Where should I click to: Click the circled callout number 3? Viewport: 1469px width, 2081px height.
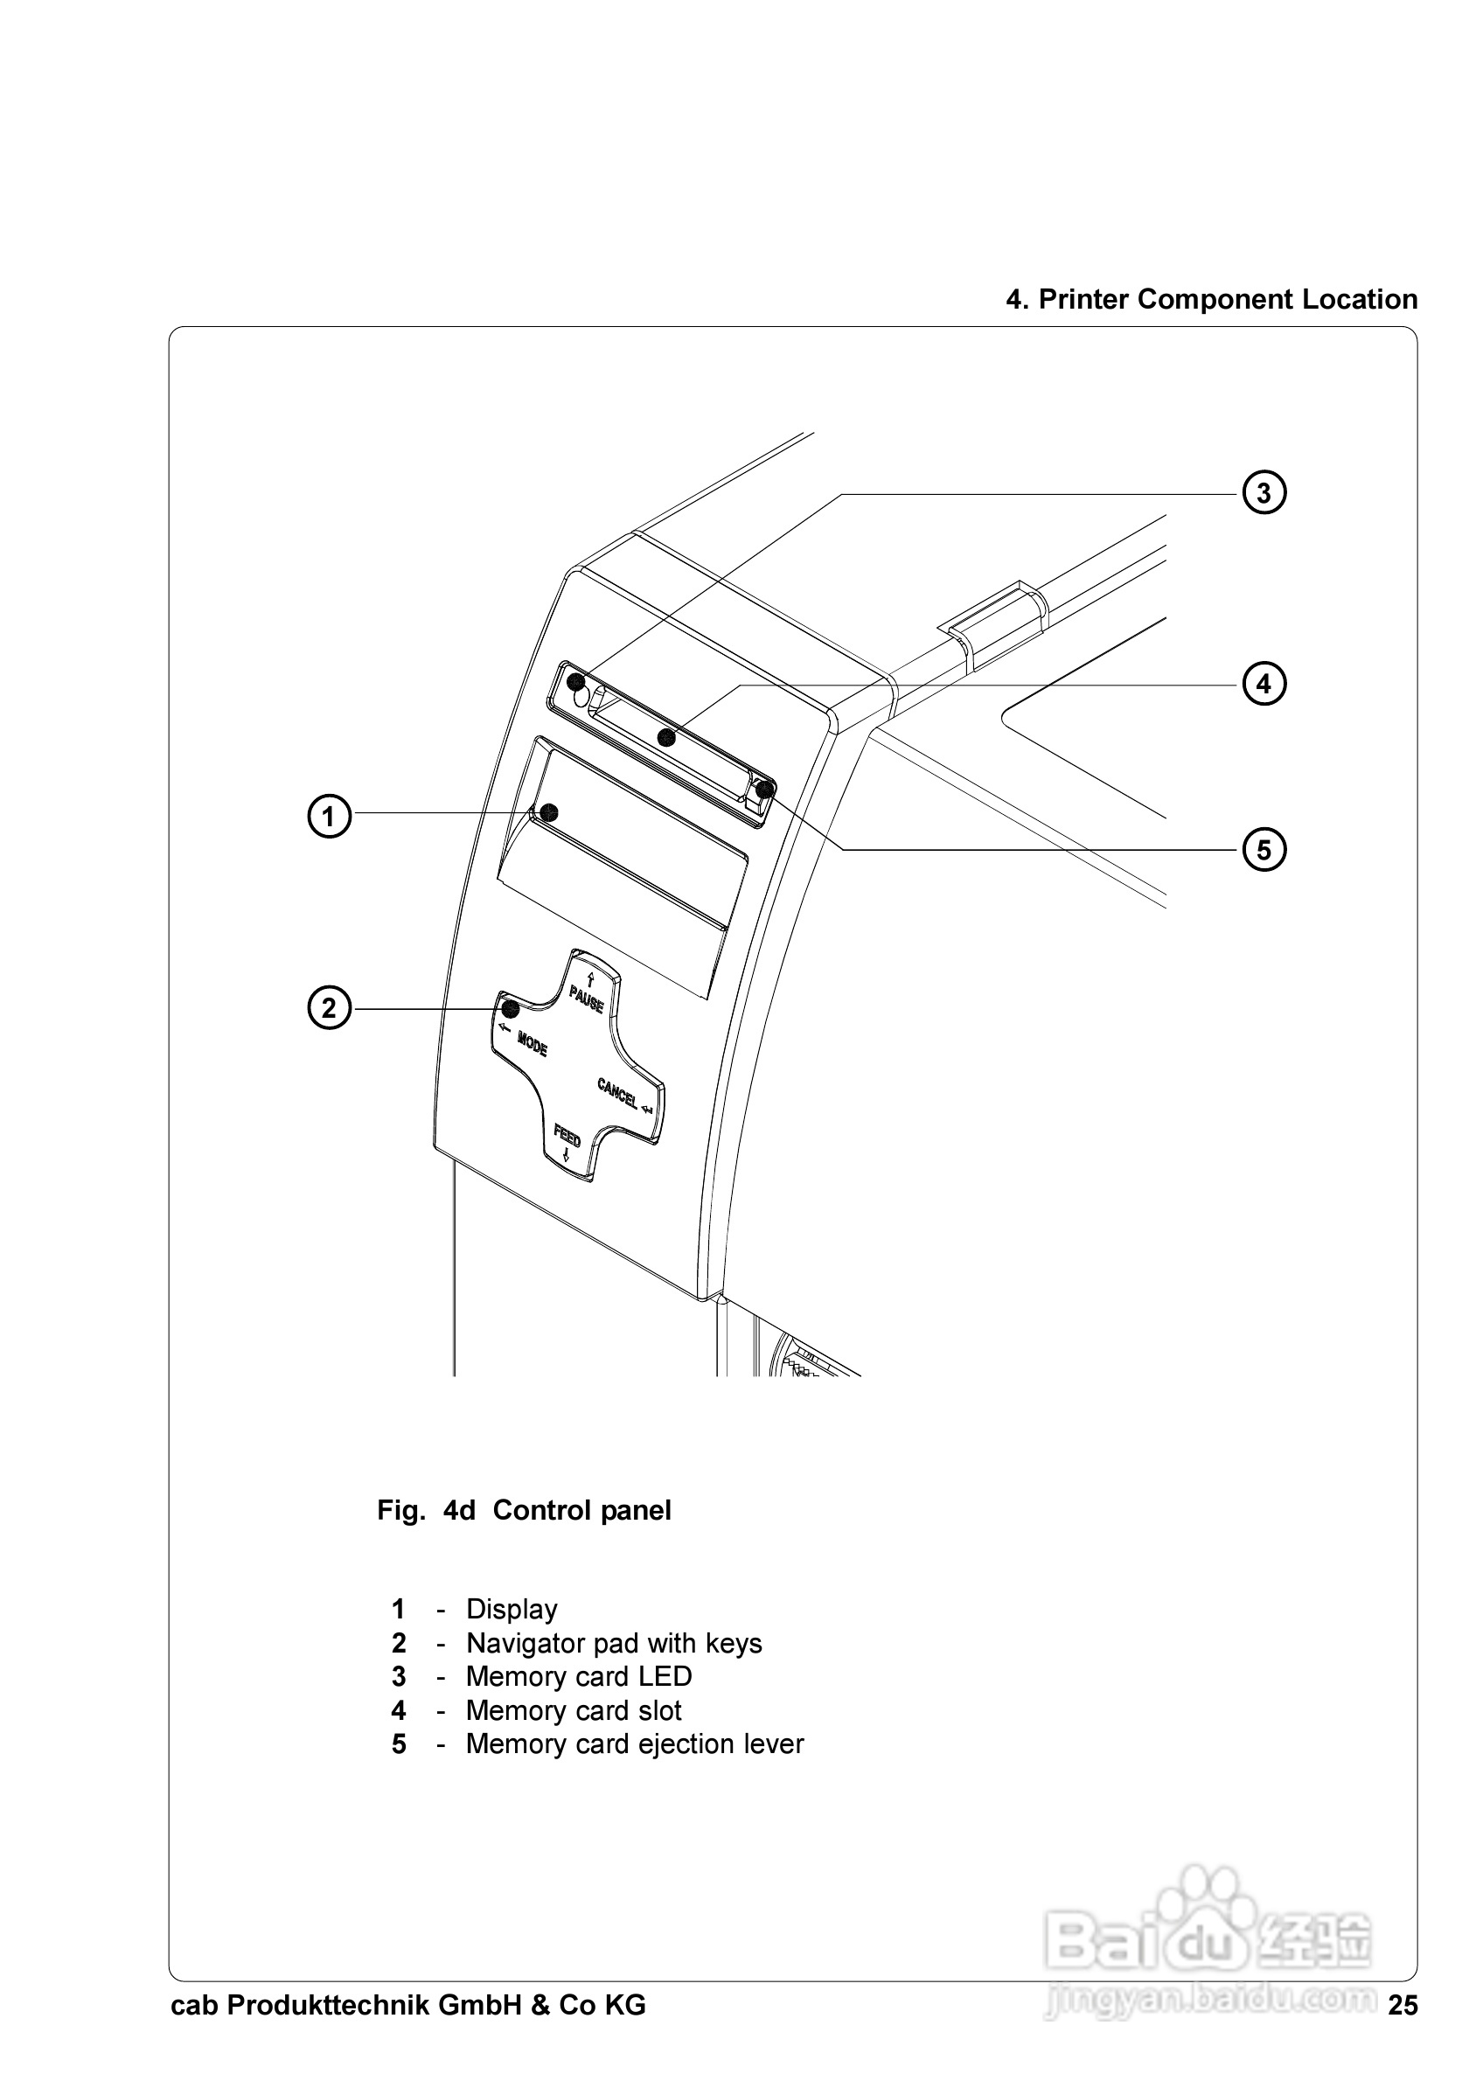1264,493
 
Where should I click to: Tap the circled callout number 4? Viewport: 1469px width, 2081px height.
1264,684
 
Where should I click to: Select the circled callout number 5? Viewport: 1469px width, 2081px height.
1264,850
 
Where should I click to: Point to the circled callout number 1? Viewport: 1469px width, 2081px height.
329,816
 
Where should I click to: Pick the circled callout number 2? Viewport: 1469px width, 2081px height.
329,1008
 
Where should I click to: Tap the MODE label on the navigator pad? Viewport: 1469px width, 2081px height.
532,1044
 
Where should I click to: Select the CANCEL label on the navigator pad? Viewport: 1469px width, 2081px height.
617,1093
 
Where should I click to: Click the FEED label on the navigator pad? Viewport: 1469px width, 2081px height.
567,1135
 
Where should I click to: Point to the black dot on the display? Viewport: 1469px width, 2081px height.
548,811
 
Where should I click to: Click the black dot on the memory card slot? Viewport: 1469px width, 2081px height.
666,737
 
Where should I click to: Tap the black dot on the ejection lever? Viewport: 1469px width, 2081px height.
765,789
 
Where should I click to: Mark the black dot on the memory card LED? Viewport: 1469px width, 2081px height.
574,682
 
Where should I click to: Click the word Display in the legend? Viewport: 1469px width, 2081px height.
512,1610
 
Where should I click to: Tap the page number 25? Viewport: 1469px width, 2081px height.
1402,2006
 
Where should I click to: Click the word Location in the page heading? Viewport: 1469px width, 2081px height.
1360,299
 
